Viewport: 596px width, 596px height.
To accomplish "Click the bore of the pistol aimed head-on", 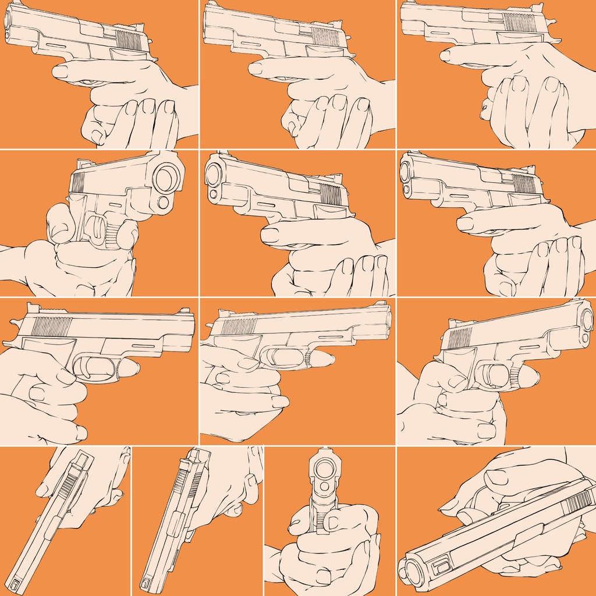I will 324,469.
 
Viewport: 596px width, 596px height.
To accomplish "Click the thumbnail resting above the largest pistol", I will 496,477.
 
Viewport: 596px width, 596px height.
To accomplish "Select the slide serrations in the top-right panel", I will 519,22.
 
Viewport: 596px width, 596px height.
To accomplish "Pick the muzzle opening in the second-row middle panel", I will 213,175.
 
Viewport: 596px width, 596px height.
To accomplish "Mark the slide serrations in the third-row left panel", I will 51,327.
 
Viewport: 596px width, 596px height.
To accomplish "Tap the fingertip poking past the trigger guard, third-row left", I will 131,367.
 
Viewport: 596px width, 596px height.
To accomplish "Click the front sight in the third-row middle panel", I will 381,303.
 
